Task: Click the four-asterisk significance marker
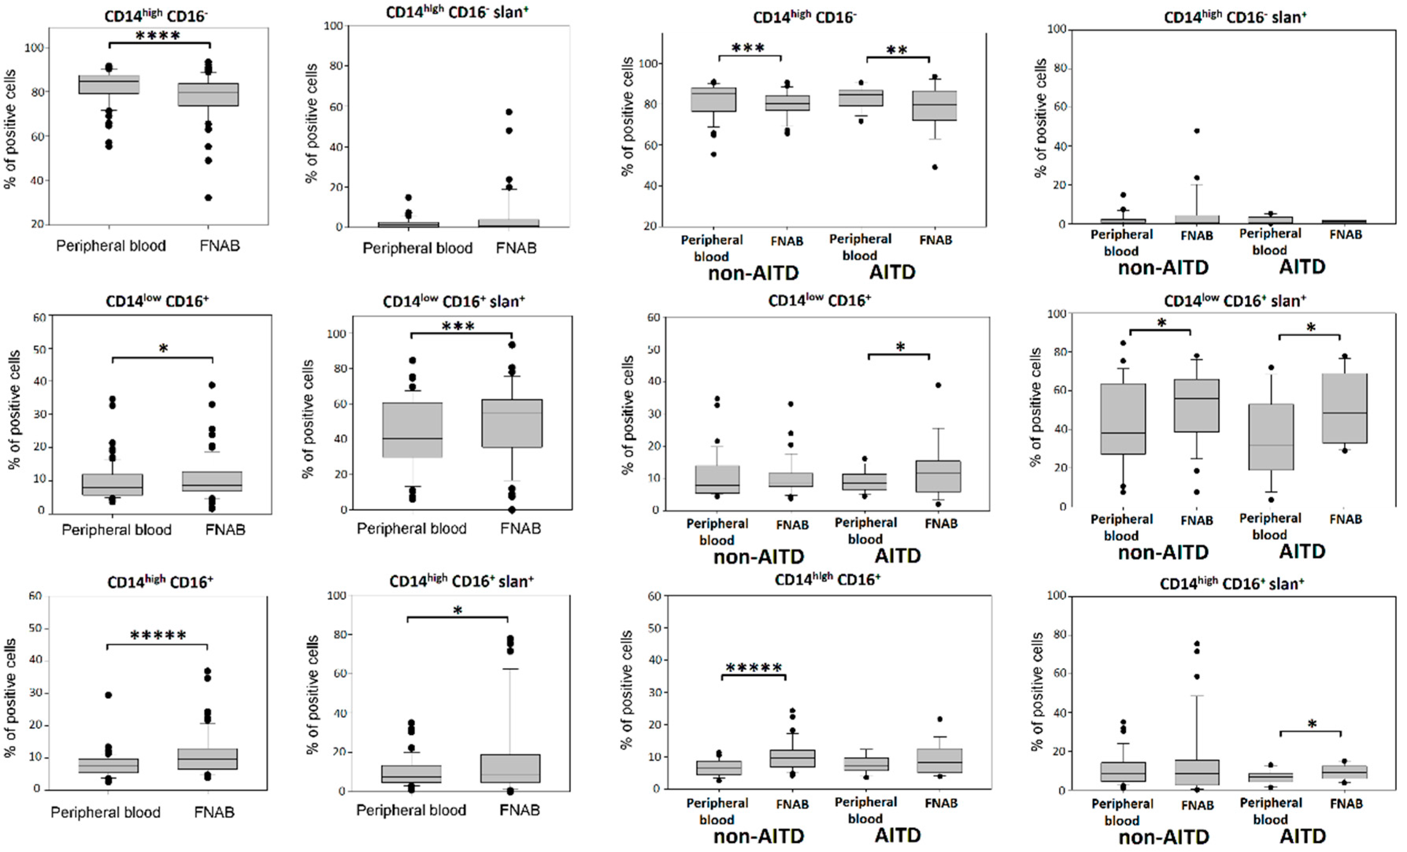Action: tap(158, 36)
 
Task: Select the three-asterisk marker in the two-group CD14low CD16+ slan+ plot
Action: tap(459, 327)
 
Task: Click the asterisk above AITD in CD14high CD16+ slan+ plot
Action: tap(1312, 724)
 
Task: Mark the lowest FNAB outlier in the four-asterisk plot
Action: tap(209, 198)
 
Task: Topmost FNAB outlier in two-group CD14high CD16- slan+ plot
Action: tap(509, 112)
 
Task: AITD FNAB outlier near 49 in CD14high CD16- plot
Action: tap(935, 167)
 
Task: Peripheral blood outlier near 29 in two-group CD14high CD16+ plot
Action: tap(108, 695)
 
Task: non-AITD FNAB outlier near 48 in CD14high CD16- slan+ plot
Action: tap(1196, 131)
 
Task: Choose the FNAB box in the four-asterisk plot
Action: tap(209, 94)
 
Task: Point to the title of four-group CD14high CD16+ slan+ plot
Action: tap(1232, 584)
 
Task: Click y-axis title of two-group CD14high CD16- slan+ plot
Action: tap(311, 123)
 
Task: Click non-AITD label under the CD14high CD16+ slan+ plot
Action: tap(1163, 837)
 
